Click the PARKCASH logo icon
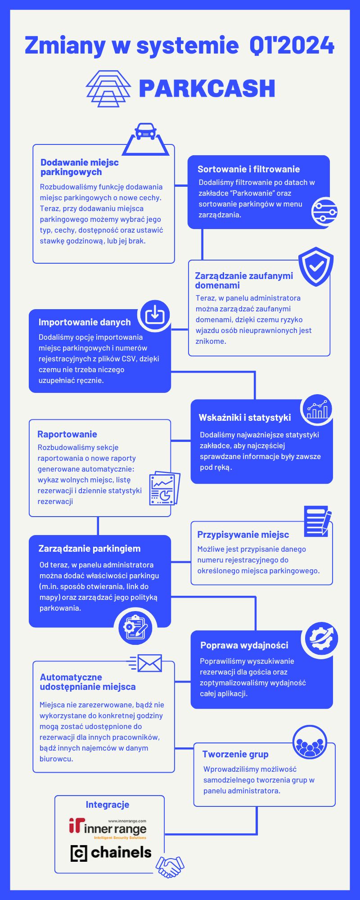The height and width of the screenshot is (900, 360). pos(108,88)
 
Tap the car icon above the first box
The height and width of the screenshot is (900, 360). pos(145,132)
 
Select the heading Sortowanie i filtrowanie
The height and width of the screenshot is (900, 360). pos(248,169)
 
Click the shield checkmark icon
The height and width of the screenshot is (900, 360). pos(316,266)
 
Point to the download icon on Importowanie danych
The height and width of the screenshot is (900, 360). pos(155,315)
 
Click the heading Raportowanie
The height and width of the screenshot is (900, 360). pos(67,434)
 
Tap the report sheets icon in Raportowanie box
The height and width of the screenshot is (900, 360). pos(164,488)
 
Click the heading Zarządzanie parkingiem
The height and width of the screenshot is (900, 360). pos(90,549)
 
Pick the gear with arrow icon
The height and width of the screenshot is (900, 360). pos(321,638)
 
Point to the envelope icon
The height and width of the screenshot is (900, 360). pos(145,663)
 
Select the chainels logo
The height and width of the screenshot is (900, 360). pos(111,853)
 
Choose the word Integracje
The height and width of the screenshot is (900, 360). pos(108,805)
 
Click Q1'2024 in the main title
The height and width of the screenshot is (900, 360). pos(292,45)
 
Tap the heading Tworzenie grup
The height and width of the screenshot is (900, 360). pos(235,754)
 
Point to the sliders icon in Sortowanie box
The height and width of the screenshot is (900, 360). pos(324,211)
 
